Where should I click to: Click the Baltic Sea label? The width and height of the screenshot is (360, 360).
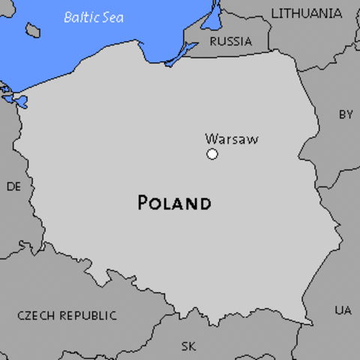(x=94, y=16)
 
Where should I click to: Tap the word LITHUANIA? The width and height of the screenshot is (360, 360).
(x=306, y=13)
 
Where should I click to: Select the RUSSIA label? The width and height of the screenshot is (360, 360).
(x=230, y=41)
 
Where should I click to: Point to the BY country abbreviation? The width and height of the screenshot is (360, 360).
(x=346, y=115)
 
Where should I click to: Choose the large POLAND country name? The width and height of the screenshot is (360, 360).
(x=175, y=203)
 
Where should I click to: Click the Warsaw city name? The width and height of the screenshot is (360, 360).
(x=231, y=139)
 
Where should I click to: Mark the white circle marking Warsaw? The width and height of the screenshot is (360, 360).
(x=212, y=154)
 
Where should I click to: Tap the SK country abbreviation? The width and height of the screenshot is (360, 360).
(x=188, y=346)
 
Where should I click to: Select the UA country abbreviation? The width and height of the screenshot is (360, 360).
(x=343, y=310)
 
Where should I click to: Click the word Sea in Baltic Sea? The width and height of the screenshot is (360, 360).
(x=113, y=16)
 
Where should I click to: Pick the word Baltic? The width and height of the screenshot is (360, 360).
(x=81, y=16)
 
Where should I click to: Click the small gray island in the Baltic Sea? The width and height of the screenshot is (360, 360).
(x=33, y=30)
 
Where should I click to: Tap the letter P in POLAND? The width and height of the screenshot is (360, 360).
(x=143, y=203)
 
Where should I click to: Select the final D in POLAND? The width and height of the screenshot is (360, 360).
(x=204, y=203)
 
